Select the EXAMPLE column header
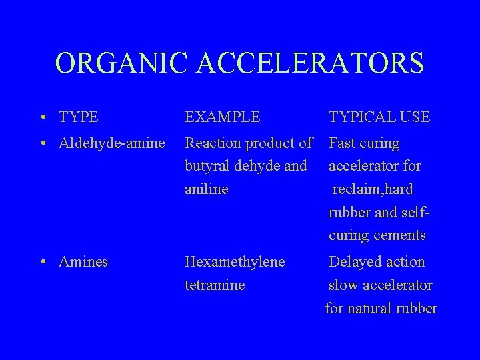click(223, 117)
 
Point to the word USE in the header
click(416, 117)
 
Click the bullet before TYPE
click(42, 118)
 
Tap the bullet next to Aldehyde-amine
click(42, 144)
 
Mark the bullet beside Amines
click(42, 262)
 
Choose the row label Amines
click(83, 261)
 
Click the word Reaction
click(214, 143)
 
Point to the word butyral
click(205, 166)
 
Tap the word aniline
click(206, 189)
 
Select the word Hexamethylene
click(235, 262)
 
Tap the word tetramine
click(215, 285)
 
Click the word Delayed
click(353, 262)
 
